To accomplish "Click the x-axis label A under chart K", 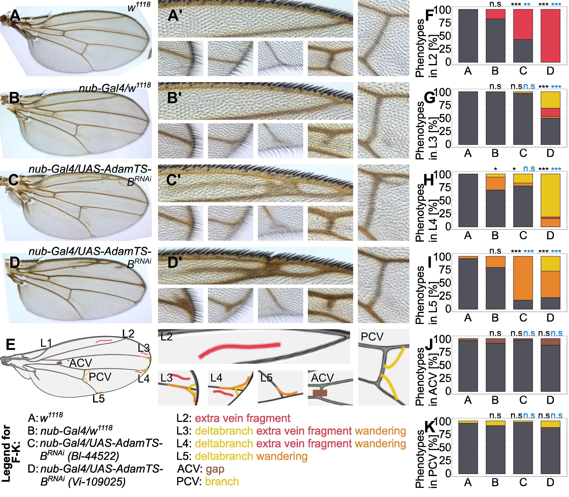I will tap(468, 483).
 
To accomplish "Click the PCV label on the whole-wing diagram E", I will tap(100, 377).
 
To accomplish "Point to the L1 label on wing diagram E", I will tap(46, 343).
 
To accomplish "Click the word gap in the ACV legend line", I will tap(215, 469).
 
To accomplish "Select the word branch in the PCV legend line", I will tap(222, 482).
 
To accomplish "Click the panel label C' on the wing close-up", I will tap(174, 180).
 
